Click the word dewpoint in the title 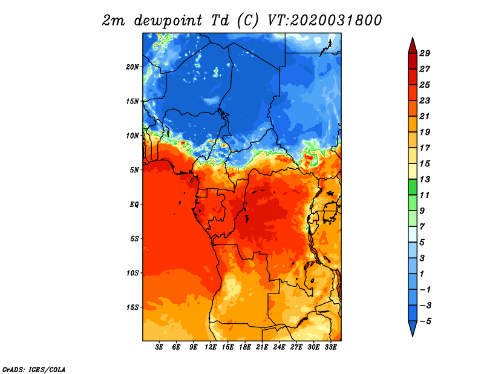(168, 21)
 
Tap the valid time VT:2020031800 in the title (324, 20)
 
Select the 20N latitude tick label (132, 67)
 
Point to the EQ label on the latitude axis (134, 205)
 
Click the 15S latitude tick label (132, 307)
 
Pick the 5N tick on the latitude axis (134, 170)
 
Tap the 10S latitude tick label (132, 273)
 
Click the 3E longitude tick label (159, 347)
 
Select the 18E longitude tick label (244, 347)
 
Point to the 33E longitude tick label (330, 347)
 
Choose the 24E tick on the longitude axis (279, 347)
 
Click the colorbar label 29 (425, 53)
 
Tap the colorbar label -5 (425, 321)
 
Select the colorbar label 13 (425, 179)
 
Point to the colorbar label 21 (425, 116)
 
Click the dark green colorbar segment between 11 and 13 (413, 187)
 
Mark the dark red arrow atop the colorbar (413, 46)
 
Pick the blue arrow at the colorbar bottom (413, 329)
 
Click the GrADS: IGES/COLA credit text (34, 370)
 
